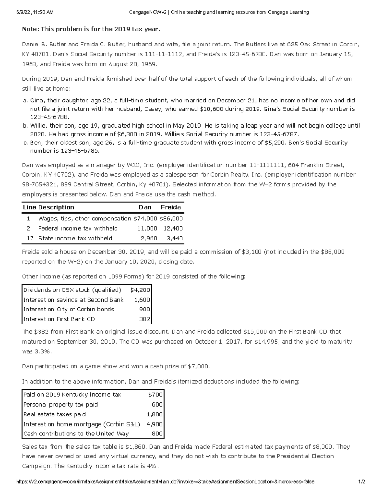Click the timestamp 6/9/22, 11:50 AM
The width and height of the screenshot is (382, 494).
pos(35,12)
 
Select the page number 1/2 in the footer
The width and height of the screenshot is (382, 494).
pos(361,482)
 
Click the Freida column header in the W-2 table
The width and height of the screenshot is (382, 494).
pos(171,207)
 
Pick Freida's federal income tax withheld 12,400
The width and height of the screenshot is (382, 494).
pos(173,228)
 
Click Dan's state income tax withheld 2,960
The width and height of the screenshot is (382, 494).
pos(149,238)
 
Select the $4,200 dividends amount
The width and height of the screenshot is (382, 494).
pos(140,290)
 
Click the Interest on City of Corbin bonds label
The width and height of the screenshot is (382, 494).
pos(68,309)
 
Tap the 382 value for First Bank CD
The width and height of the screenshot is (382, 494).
pos(145,319)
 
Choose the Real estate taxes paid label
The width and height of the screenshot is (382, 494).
pos(54,414)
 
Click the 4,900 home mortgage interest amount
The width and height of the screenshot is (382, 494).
pos(154,424)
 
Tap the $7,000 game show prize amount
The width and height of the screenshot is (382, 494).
pos(198,366)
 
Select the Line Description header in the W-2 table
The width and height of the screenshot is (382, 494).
pos(48,207)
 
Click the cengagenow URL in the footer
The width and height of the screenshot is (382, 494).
pos(165,482)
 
